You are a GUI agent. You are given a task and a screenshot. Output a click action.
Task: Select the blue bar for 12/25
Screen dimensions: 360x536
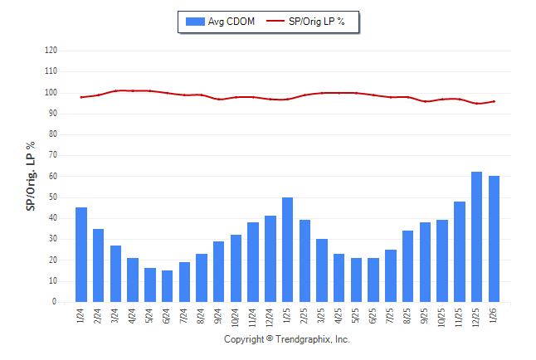[x=476, y=237]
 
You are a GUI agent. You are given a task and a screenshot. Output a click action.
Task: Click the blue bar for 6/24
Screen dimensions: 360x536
[x=167, y=286]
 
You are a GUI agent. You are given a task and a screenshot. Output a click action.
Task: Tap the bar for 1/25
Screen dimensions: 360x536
[x=287, y=250]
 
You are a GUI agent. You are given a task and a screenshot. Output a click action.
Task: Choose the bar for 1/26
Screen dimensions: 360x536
[x=494, y=239]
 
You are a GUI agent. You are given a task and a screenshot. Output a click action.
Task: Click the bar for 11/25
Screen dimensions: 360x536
[x=459, y=251]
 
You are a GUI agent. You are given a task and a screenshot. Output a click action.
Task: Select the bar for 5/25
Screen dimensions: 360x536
[x=356, y=280]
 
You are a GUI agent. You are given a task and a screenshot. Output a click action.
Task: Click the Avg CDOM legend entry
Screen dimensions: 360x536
[x=219, y=21]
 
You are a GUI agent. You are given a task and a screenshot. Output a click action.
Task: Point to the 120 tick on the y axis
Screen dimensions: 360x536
[x=51, y=51]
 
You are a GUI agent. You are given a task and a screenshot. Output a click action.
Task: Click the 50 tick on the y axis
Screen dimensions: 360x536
[x=52, y=197]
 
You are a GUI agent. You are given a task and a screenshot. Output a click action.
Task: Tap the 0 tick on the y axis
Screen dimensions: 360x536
[x=55, y=302]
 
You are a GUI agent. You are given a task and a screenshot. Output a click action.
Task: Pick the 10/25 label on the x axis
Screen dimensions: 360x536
[x=442, y=315]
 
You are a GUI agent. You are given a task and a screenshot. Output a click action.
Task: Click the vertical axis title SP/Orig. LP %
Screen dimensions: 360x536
[x=31, y=176]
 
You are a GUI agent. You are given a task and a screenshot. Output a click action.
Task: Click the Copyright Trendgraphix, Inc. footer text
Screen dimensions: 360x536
[x=287, y=339]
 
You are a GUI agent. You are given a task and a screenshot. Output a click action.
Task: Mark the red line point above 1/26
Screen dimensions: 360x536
[x=494, y=101]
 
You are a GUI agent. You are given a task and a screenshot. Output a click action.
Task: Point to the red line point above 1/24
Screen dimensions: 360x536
[x=81, y=97]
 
